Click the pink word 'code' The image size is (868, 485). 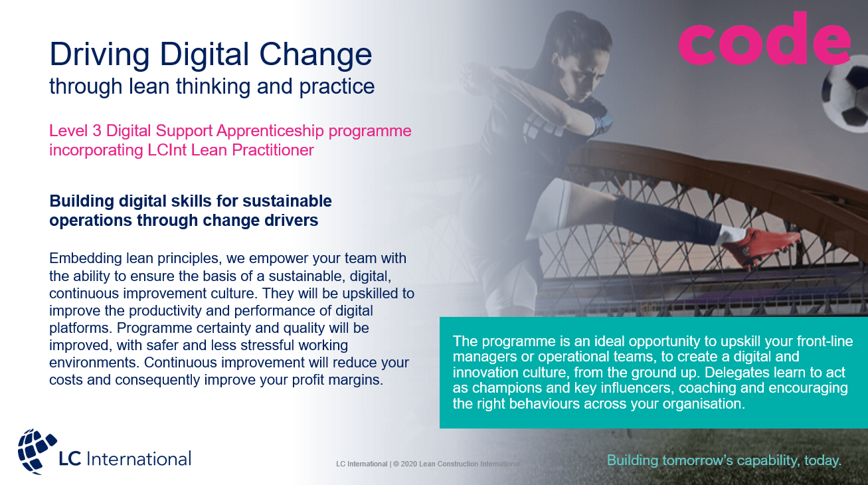click(x=764, y=39)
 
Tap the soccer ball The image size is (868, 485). click(x=845, y=99)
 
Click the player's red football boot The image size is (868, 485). click(x=760, y=247)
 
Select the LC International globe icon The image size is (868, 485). click(x=37, y=451)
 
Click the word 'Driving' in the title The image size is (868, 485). click(x=100, y=54)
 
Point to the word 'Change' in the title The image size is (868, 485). click(x=315, y=54)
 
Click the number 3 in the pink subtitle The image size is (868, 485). click(x=96, y=131)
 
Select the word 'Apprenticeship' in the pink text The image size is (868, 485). click(x=270, y=131)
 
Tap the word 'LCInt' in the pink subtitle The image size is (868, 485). click(x=167, y=150)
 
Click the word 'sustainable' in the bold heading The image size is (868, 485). click(x=288, y=201)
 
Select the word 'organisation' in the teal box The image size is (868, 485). click(x=704, y=404)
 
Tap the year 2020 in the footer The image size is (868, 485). click(x=409, y=464)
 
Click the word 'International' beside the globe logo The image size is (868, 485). click(x=139, y=459)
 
